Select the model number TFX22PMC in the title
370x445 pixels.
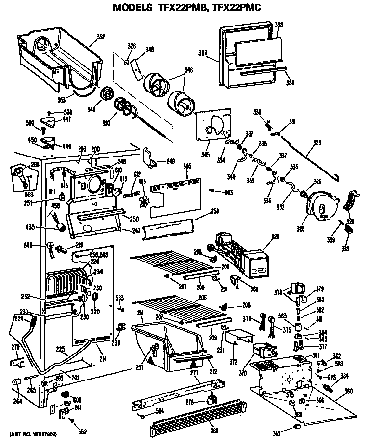(240, 8)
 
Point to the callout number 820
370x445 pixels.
(262, 236)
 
